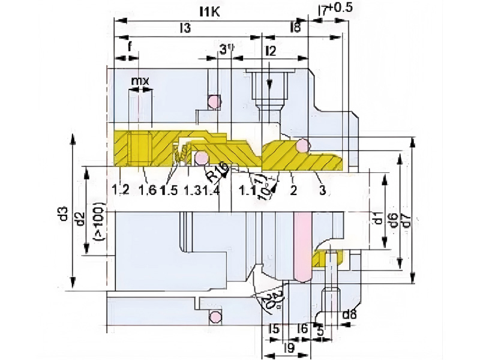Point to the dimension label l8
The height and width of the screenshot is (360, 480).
pyautogui.click(x=295, y=28)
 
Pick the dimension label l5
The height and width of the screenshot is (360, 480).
pyautogui.click(x=273, y=329)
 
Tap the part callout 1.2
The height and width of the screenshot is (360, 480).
pyautogui.click(x=121, y=190)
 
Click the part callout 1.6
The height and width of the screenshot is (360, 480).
pyautogui.click(x=147, y=190)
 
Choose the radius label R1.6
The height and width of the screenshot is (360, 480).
pyautogui.click(x=217, y=173)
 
